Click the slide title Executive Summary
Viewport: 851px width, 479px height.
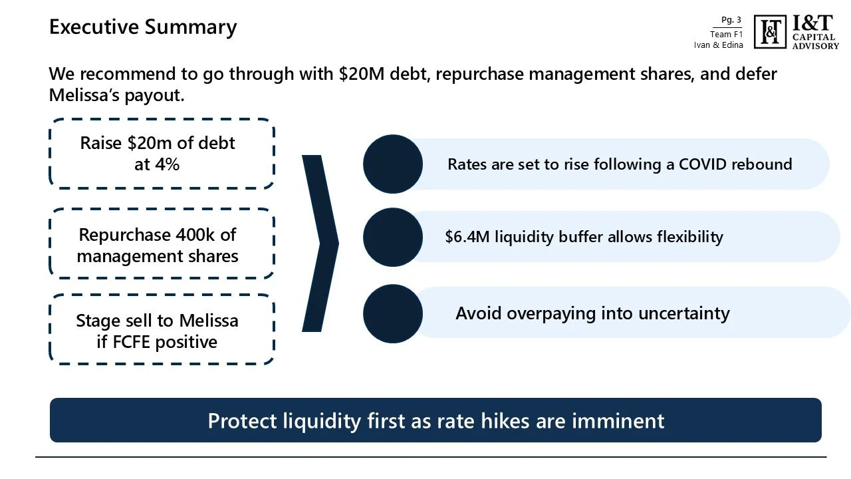coord(143,27)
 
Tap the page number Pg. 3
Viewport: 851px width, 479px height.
coord(731,20)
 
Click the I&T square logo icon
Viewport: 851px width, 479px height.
coord(770,32)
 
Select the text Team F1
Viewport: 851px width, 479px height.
coord(726,35)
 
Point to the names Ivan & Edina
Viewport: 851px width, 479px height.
coord(718,45)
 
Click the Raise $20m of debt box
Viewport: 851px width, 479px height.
coord(162,154)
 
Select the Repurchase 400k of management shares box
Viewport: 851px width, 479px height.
coord(162,245)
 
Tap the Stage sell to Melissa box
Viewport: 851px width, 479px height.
coord(162,331)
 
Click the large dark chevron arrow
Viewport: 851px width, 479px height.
coord(320,243)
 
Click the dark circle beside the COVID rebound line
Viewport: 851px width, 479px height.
coord(393,164)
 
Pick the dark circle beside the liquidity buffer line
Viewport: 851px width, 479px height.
coord(393,238)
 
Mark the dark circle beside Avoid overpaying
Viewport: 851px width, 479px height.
coord(393,314)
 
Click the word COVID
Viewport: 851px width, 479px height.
coord(703,164)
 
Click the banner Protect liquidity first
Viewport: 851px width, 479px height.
coord(435,420)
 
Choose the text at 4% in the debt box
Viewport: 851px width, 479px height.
coord(157,164)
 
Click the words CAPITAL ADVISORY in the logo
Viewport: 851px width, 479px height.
coord(815,42)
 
